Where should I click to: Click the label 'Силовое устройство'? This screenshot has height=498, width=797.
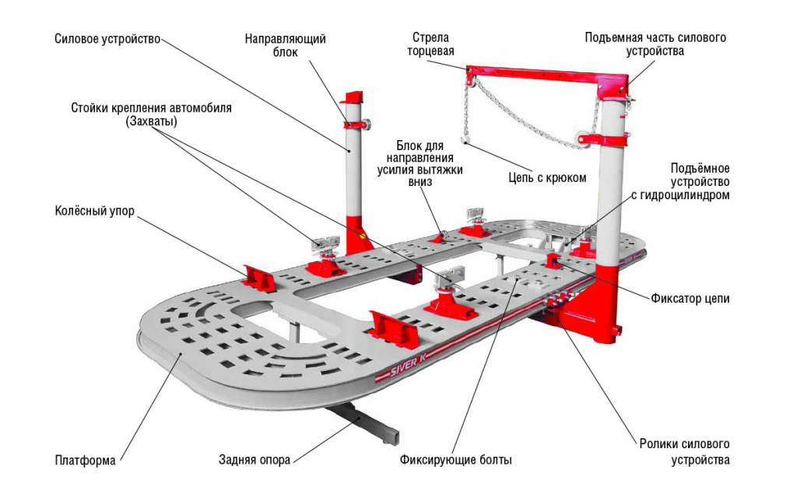pyautogui.click(x=107, y=38)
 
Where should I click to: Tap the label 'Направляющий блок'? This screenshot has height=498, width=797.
pyautogui.click(x=285, y=45)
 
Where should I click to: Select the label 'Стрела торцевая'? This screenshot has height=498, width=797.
pyautogui.click(x=430, y=44)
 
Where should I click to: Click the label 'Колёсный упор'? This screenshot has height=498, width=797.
pyautogui.click(x=90, y=211)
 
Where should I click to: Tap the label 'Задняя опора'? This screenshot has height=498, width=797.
pyautogui.click(x=255, y=460)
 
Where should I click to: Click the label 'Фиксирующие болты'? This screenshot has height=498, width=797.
pyautogui.click(x=456, y=460)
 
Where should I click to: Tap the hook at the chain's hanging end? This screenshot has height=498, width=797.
pyautogui.click(x=465, y=141)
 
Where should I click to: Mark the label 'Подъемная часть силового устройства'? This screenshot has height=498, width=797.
pyautogui.click(x=655, y=44)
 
